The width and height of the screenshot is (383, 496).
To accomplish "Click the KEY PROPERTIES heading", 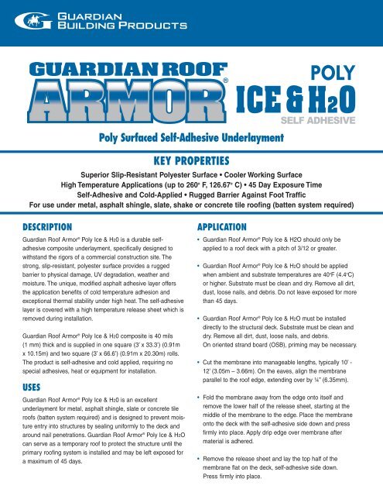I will coord(190,162).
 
